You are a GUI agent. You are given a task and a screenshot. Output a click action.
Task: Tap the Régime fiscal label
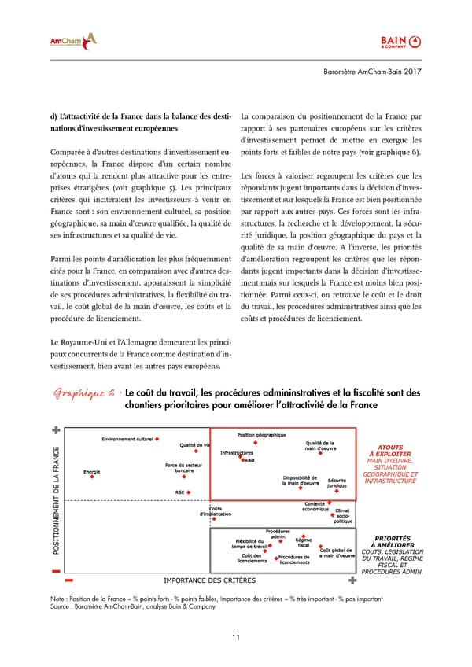pos(303,543)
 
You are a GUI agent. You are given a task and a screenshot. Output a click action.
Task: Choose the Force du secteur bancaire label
pos(182,467)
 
